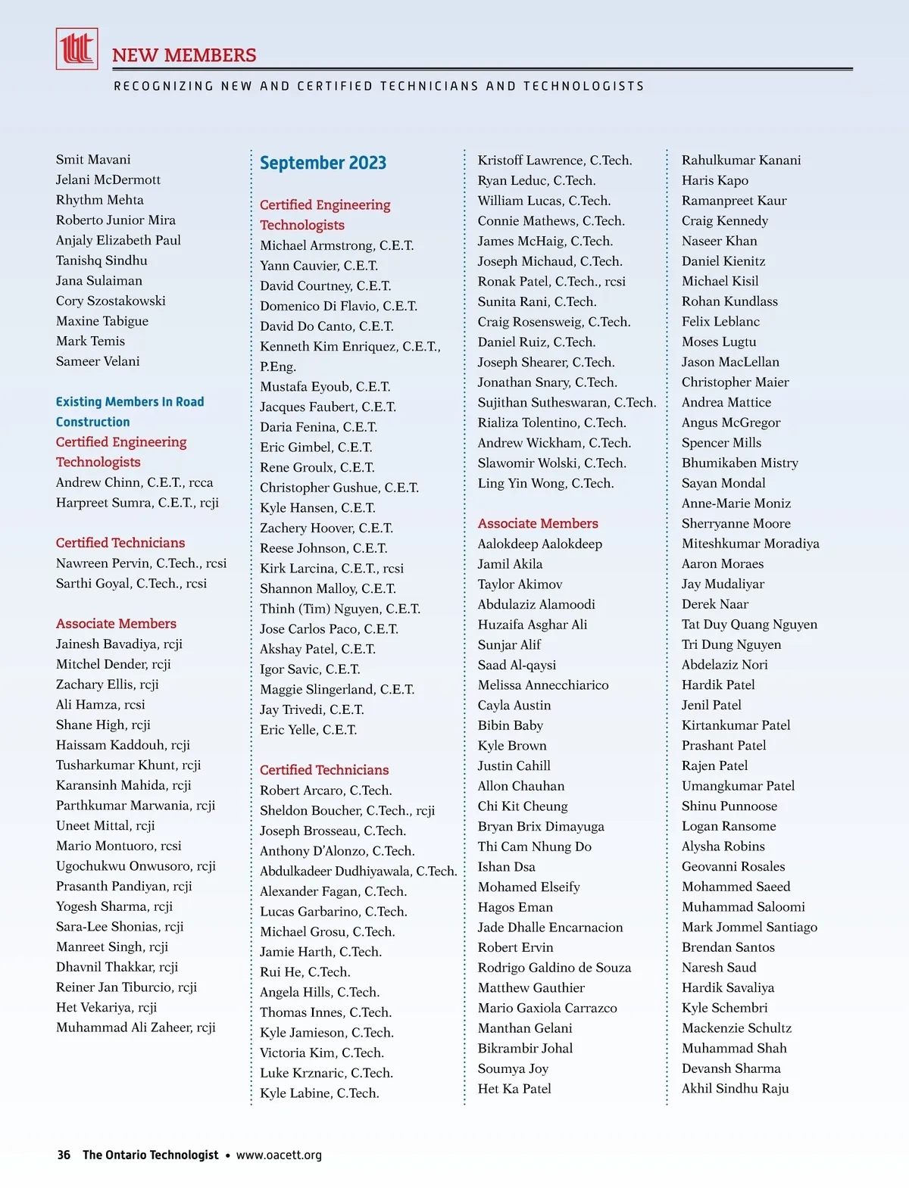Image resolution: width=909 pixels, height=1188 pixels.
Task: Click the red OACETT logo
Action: [77, 49]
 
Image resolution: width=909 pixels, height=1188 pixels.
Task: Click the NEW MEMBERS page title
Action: [184, 55]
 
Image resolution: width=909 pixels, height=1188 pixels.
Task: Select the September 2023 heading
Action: [323, 163]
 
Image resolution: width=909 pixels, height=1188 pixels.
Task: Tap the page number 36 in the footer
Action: [64, 1155]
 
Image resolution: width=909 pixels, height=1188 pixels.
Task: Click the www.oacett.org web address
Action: [279, 1155]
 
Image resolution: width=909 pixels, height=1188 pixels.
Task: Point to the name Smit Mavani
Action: [93, 159]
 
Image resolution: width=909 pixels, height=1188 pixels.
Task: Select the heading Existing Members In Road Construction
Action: [130, 411]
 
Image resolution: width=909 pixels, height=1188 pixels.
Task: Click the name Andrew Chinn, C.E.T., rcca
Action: [134, 482]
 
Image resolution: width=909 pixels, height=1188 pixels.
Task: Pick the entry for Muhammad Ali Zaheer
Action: [136, 1027]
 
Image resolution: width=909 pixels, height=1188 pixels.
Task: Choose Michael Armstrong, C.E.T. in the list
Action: [336, 245]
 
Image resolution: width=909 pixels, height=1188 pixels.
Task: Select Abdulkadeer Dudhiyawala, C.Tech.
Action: [358, 871]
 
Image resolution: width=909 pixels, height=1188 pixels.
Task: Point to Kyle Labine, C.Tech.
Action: [319, 1093]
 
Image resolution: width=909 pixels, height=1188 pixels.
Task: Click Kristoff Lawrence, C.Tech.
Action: [554, 160]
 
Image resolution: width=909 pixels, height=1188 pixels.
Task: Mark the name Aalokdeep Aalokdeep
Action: [539, 544]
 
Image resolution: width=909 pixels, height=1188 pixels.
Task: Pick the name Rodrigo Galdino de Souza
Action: [554, 967]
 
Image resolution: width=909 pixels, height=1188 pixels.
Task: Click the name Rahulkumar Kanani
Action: [741, 160]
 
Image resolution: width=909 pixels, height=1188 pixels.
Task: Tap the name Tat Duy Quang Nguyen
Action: [749, 624]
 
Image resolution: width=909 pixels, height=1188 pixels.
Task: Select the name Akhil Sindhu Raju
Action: [735, 1088]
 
